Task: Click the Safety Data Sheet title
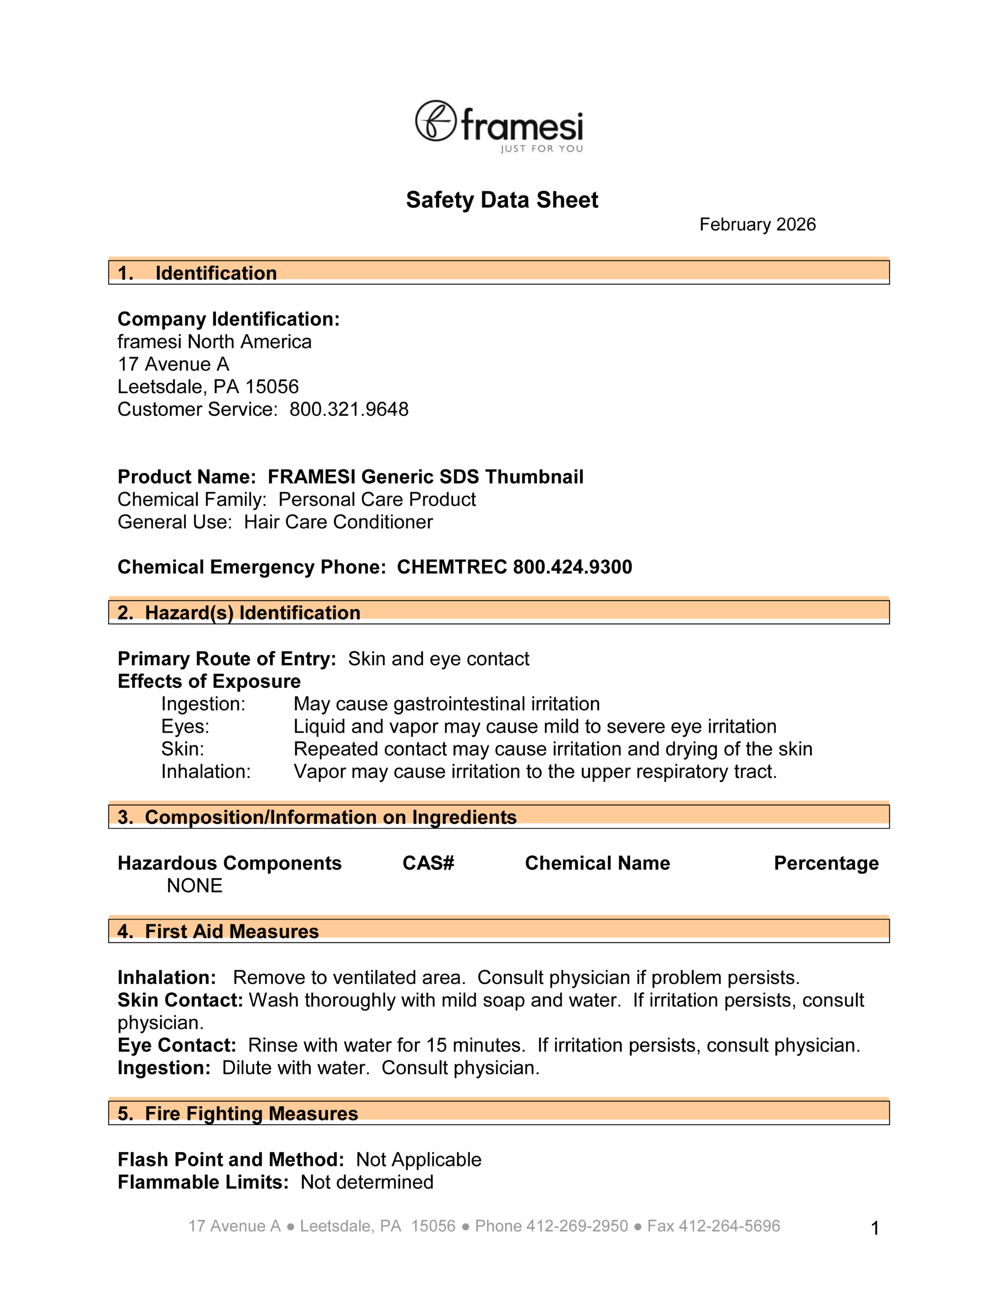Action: tap(502, 200)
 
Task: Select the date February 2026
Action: tap(757, 225)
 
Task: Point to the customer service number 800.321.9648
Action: tap(349, 409)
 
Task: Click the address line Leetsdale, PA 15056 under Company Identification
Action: tap(208, 387)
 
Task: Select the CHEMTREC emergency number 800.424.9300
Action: tap(572, 567)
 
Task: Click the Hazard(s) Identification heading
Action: tap(253, 612)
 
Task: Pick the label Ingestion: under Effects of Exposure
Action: tap(203, 704)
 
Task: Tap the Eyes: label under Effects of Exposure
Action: tap(185, 726)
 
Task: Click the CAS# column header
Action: tap(428, 863)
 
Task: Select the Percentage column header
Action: tap(826, 863)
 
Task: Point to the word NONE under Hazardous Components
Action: tap(195, 886)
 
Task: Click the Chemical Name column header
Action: tap(597, 863)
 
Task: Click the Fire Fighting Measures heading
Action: tap(251, 1113)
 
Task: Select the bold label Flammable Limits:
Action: tap(203, 1182)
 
